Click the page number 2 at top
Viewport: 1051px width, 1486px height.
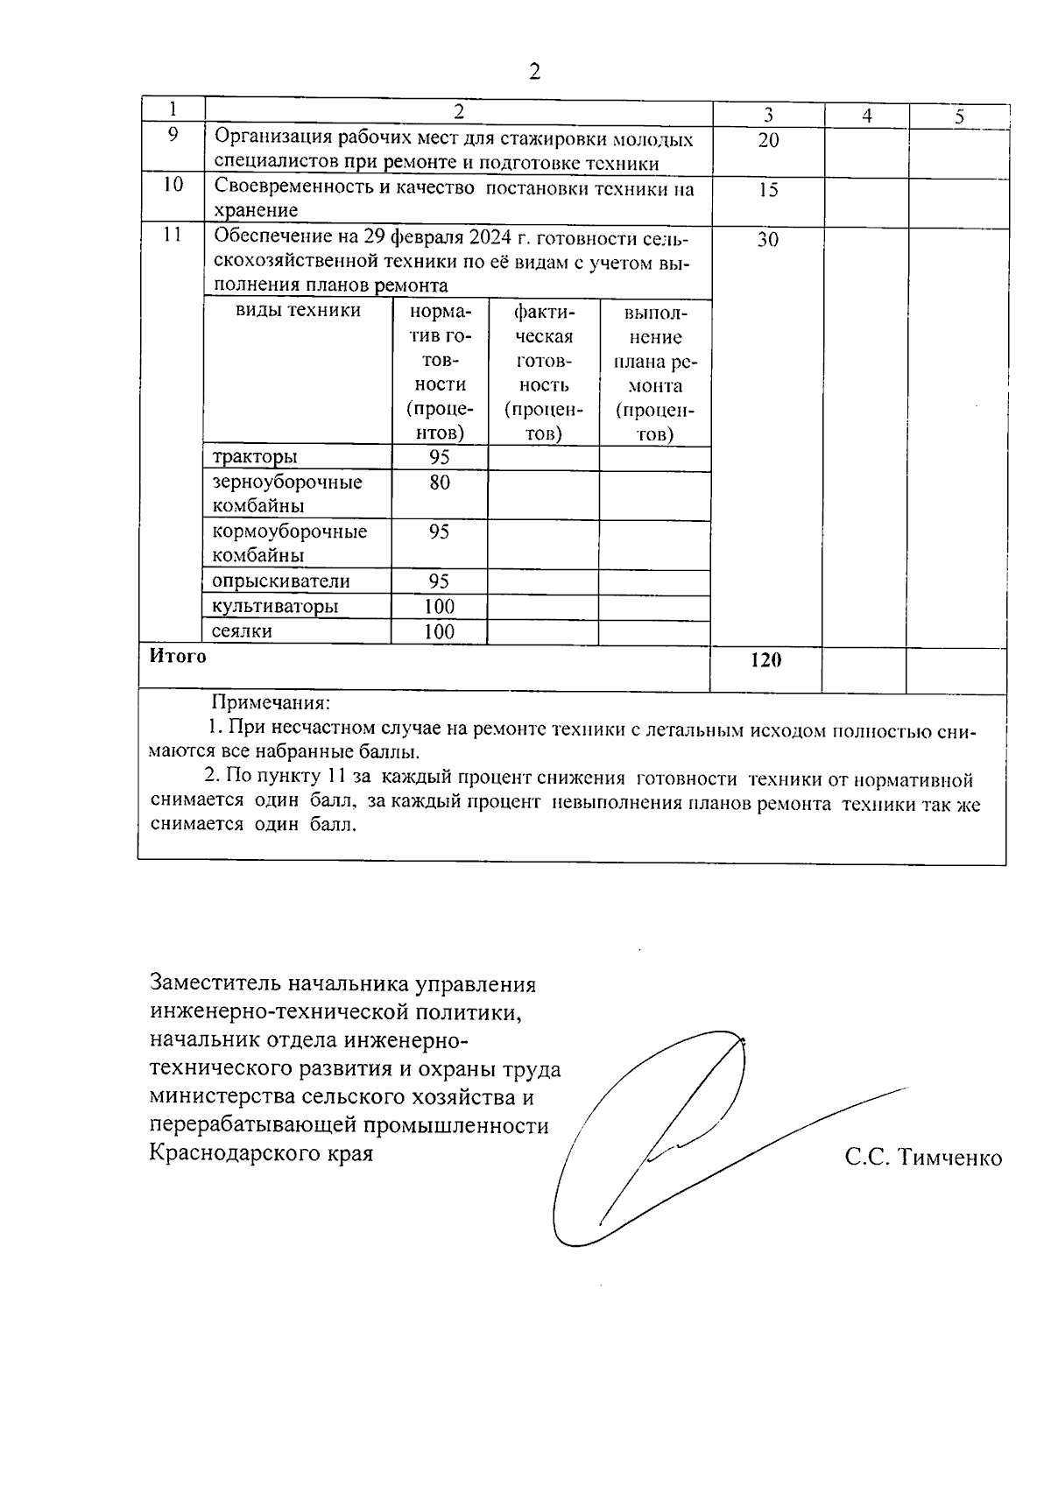534,71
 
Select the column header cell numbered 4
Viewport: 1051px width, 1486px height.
866,115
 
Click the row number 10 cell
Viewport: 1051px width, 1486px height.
173,186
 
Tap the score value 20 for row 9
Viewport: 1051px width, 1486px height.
767,140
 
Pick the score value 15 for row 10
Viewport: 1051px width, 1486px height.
767,190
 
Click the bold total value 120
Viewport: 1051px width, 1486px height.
765,661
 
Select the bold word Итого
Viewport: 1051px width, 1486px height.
178,657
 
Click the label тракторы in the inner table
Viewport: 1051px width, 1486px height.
255,457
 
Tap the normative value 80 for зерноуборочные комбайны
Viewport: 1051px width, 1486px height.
440,482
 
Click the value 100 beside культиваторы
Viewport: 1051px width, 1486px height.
439,607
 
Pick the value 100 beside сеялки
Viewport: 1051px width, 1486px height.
439,632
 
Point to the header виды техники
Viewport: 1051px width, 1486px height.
298,311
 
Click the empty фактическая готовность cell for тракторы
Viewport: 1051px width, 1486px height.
543,458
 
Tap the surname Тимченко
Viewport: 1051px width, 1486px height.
950,1159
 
